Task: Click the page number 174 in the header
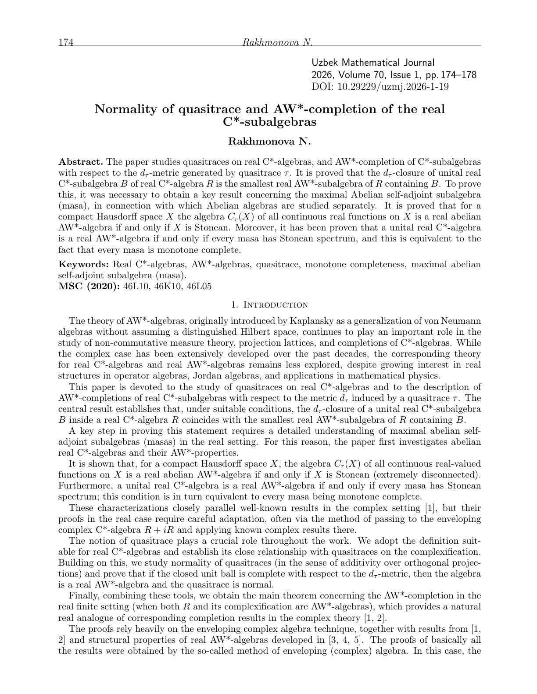pyautogui.click(x=65, y=42)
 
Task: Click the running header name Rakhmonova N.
pyautogui.click(x=277, y=42)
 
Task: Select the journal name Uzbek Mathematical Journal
pyautogui.click(x=373, y=63)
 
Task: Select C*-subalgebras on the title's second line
pyautogui.click(x=269, y=122)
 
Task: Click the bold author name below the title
pyautogui.click(x=269, y=141)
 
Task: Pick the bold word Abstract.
pyautogui.click(x=81, y=161)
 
